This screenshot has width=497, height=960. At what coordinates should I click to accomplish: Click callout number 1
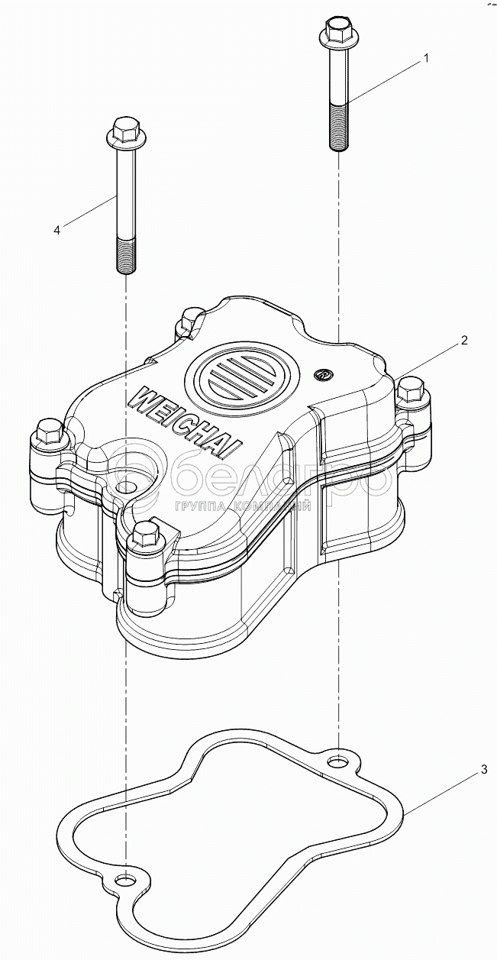coord(427,58)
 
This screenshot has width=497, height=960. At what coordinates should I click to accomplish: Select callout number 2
coord(463,341)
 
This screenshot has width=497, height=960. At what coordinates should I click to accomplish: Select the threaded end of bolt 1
coord(338,126)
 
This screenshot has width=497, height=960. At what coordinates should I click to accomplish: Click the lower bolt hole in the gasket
coord(124,882)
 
